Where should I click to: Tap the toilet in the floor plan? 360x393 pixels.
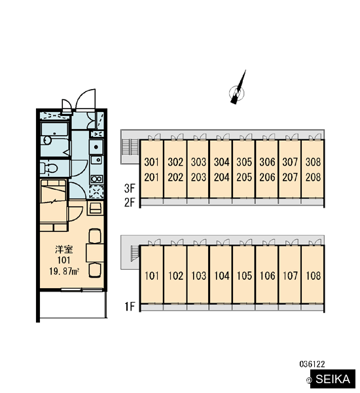49,168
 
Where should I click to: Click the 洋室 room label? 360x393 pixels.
64,250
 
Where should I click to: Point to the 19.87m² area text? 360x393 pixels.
64,271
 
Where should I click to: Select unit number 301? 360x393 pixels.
152,162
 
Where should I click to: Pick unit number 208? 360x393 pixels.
313,178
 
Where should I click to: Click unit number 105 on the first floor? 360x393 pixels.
244,276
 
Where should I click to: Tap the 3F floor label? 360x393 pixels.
130,189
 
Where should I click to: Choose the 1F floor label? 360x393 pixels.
130,307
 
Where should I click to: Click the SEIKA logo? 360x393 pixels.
333,379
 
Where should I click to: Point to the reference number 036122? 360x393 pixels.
312,364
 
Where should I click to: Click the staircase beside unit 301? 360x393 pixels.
130,147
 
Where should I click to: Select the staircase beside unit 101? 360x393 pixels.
135,253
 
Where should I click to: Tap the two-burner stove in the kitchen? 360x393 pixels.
97,179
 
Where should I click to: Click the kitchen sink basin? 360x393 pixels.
96,147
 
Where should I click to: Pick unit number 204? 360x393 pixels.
221,178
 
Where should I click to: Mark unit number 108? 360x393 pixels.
313,276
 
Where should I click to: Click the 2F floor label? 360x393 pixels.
130,202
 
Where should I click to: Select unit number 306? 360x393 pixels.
267,162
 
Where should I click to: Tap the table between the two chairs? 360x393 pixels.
95,253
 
